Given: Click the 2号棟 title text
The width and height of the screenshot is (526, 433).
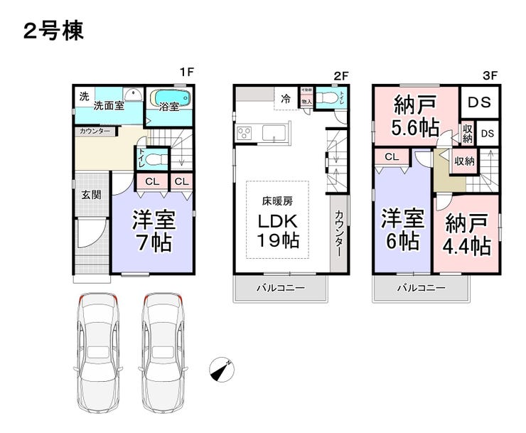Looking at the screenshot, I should point(53,31).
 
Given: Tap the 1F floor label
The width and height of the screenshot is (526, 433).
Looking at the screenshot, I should point(186,72).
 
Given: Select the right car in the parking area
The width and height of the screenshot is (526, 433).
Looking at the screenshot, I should point(165,356).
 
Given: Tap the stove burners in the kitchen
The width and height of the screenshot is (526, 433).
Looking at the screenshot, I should point(245,133).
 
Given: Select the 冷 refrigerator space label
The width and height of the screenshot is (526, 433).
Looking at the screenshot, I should point(285,99).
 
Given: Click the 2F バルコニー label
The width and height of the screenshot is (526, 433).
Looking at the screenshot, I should point(280,288).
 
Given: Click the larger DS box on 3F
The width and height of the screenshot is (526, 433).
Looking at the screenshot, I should point(479,102).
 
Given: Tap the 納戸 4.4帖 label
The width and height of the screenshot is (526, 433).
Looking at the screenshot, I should point(467,235).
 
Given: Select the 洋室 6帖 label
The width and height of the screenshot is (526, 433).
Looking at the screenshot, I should point(402,229).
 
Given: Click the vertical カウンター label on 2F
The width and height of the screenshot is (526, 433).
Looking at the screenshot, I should point(339,235).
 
